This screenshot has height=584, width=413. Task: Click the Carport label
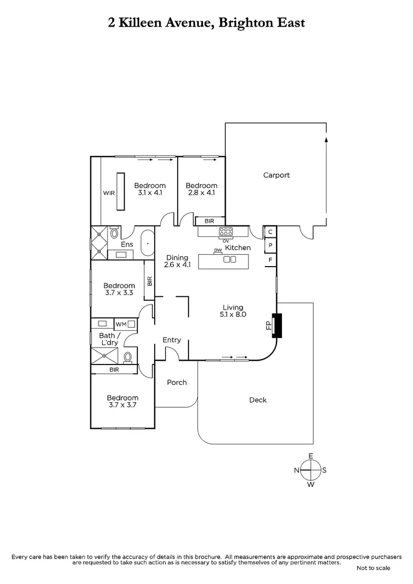pos(276,175)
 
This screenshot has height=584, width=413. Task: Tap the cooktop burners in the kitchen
pos(225,232)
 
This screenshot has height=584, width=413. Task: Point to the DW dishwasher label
pos(218,250)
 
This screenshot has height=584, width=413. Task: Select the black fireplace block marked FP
pos(277,326)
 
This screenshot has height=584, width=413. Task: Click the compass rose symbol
pos(311,470)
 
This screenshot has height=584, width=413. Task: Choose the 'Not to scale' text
pos(373,568)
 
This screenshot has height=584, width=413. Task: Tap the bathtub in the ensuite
pos(147,244)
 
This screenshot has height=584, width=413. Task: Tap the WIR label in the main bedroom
pos(109,193)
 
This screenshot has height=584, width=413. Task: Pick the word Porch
pos(176,382)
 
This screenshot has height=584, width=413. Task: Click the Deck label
pos(258,400)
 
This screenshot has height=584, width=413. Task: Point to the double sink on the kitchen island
pos(230,260)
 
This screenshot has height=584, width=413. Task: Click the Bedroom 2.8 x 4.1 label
pos(201,189)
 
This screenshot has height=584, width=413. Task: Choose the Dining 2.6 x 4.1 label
pos(178,261)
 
